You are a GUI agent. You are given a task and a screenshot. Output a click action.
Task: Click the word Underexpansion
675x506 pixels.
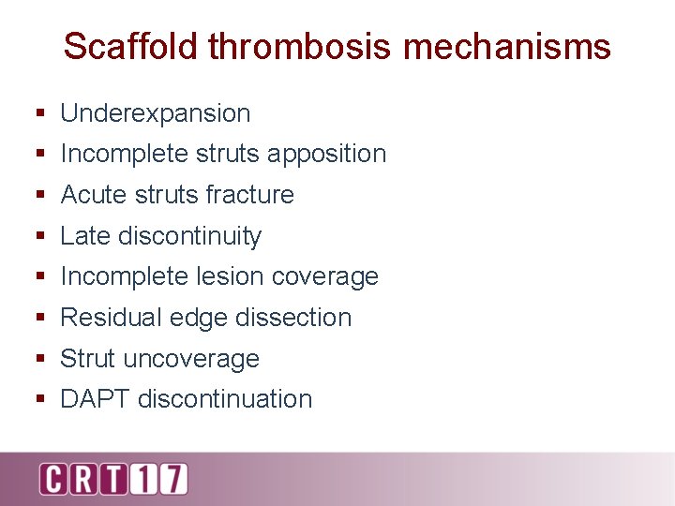tap(156, 113)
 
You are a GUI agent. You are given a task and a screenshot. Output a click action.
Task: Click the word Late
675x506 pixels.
tap(85, 236)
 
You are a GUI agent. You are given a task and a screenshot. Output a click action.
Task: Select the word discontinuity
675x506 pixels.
tap(189, 236)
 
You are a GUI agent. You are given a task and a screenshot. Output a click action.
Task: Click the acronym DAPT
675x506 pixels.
tap(96, 399)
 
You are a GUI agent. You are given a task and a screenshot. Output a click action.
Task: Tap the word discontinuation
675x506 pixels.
tap(225, 399)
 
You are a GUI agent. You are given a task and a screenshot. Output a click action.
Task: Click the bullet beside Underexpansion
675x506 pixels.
tap(40, 114)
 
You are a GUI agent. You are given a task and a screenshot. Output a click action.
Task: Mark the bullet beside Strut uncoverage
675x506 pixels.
tap(40, 360)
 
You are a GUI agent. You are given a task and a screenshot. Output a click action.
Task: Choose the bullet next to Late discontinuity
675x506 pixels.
tap(40, 237)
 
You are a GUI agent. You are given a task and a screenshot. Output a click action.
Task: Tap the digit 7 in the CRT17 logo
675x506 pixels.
tap(172, 478)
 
